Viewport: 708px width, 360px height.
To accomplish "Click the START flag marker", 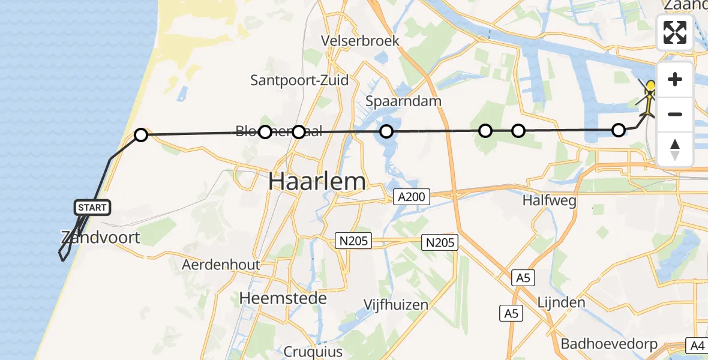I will point(92,208).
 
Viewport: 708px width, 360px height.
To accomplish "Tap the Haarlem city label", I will point(317,181).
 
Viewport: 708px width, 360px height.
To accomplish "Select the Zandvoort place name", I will point(100,237).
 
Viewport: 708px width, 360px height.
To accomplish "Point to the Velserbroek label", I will point(360,41).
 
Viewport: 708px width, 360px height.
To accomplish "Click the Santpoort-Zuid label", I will point(299,80).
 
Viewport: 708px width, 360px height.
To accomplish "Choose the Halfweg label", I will point(549,200).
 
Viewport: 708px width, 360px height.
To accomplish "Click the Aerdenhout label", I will point(221,265).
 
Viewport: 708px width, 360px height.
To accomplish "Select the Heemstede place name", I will point(283,298).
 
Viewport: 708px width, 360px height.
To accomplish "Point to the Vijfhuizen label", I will point(396,305).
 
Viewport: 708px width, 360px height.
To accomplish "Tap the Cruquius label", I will point(314,352).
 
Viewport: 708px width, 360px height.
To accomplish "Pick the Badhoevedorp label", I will point(609,344).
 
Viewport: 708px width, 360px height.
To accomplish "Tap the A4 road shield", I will point(697,346).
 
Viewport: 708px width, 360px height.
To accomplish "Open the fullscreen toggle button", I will point(675,32).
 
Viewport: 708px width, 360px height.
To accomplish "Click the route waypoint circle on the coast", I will point(140,135).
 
